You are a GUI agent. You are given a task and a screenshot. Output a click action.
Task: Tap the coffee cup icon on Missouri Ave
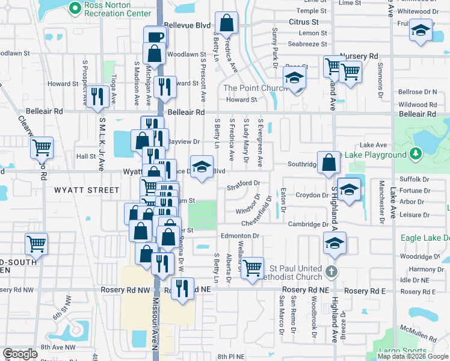coord(155,37)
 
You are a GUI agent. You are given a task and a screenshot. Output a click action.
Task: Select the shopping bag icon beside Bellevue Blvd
coord(226,24)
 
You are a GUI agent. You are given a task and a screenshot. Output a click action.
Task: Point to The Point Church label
coord(254,88)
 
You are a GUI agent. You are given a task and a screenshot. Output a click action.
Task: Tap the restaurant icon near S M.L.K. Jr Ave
coord(97,96)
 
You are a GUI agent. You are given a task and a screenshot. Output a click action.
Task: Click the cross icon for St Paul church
coord(330,272)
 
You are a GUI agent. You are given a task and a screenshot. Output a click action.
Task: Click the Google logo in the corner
coord(20,354)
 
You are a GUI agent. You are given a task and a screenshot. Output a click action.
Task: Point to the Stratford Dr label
coord(244,183)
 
